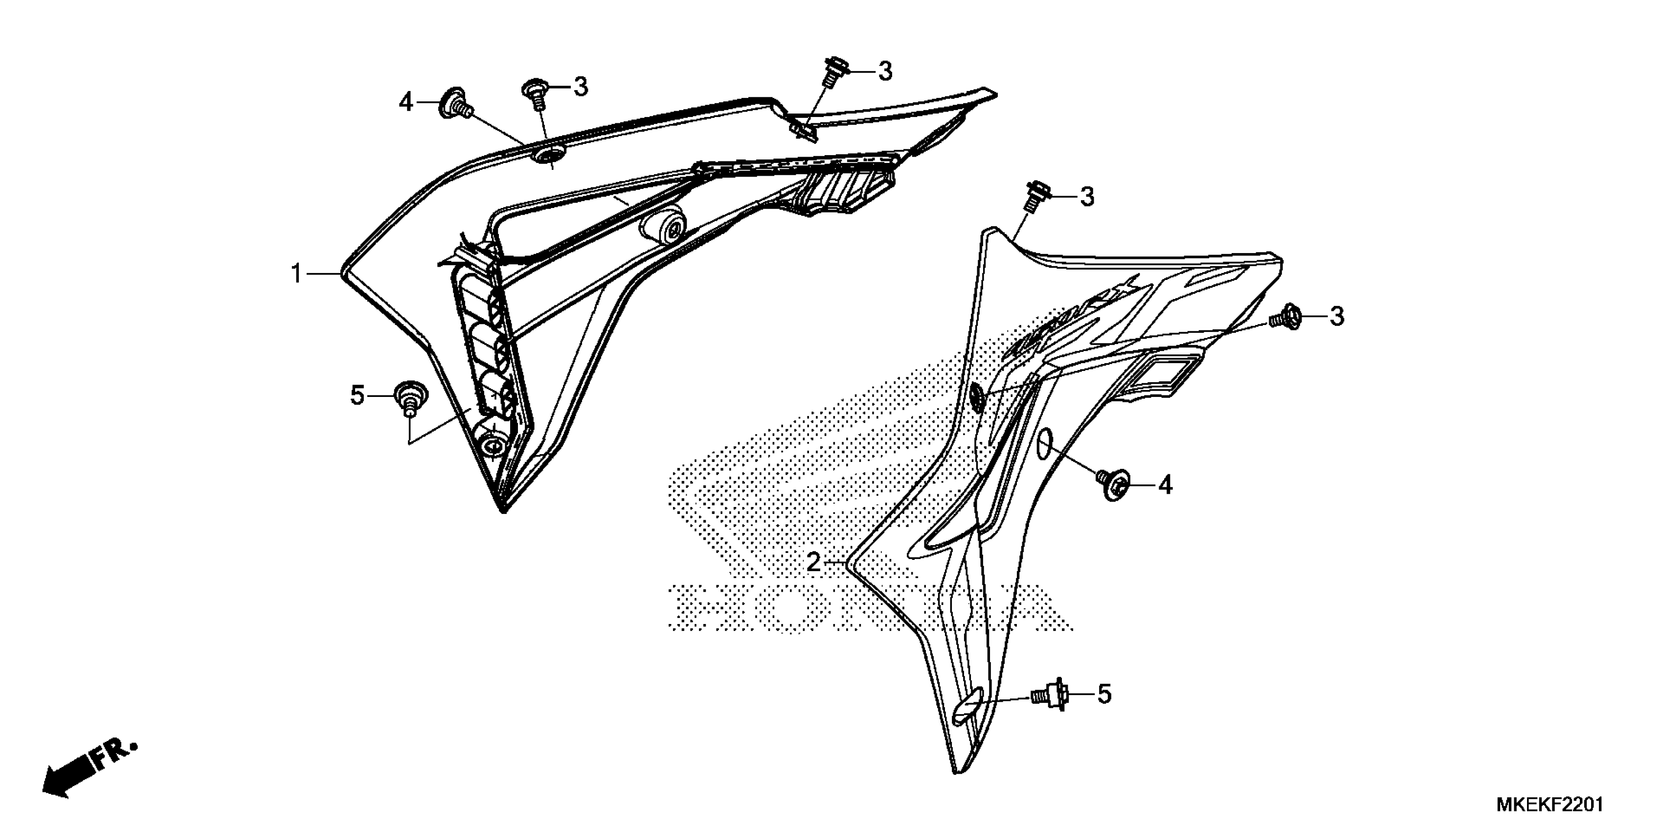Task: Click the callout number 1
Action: (x=296, y=274)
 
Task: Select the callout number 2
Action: (x=814, y=563)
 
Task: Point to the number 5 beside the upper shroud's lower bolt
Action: (x=358, y=394)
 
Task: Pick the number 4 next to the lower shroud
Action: (x=1165, y=485)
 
